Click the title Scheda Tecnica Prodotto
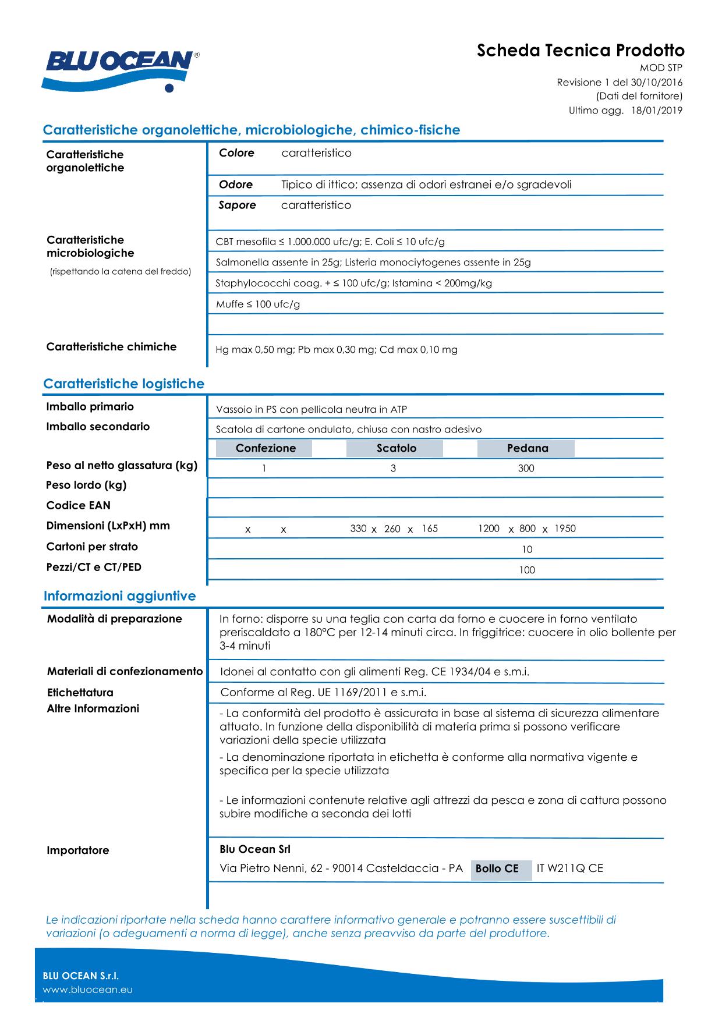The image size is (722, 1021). [581, 51]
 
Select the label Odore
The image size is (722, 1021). [236, 185]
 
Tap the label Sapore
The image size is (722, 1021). [237, 205]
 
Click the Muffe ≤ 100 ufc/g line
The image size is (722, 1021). [258, 304]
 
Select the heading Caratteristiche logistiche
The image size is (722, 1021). [123, 384]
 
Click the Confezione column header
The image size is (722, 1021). [266, 448]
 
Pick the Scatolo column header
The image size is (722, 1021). [396, 448]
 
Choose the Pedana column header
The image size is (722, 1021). [527, 448]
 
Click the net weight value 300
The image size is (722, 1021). [526, 469]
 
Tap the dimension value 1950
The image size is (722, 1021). [565, 529]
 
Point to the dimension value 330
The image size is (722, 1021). [358, 529]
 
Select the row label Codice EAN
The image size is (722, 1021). [78, 505]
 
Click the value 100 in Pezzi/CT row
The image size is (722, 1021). [527, 570]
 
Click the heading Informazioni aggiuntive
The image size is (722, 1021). [119, 596]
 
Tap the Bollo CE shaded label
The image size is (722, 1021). [497, 868]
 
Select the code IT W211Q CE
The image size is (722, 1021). [569, 868]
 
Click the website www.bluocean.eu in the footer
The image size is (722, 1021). [88, 990]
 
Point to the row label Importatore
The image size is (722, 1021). [77, 850]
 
